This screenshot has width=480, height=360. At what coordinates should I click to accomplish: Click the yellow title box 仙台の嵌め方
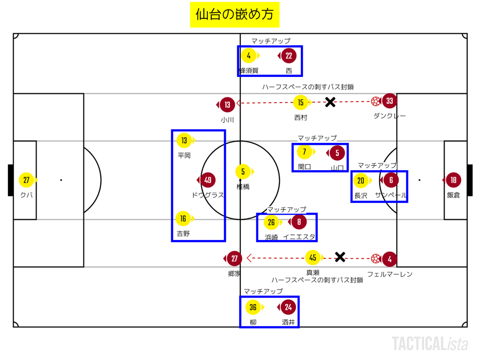pyautogui.click(x=234, y=15)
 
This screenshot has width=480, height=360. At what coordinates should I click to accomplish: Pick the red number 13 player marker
pyautogui.click(x=227, y=105)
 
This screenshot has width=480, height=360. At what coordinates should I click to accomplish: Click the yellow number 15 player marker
pyautogui.click(x=300, y=102)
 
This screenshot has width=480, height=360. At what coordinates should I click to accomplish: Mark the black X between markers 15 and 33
pyautogui.click(x=330, y=102)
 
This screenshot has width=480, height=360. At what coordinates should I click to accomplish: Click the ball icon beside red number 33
pyautogui.click(x=375, y=101)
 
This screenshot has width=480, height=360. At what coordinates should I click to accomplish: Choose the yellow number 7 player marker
pyautogui.click(x=305, y=152)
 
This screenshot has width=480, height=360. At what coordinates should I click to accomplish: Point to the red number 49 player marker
pyautogui.click(x=208, y=180)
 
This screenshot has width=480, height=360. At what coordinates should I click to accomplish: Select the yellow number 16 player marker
pyautogui.click(x=183, y=218)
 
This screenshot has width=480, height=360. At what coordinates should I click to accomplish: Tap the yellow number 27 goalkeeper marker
pyautogui.click(x=26, y=180)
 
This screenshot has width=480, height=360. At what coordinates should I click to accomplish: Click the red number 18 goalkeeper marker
pyautogui.click(x=453, y=180)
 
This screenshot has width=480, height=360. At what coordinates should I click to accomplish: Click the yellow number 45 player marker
pyautogui.click(x=313, y=257)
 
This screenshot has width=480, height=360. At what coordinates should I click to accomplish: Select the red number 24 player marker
pyautogui.click(x=288, y=307)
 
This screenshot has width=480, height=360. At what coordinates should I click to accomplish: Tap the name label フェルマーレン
pyautogui.click(x=390, y=274)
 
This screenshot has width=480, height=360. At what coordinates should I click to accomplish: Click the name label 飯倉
pyautogui.click(x=453, y=195)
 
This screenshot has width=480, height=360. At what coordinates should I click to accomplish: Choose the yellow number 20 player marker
pyautogui.click(x=360, y=180)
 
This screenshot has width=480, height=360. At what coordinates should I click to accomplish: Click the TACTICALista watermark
pyautogui.click(x=430, y=344)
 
